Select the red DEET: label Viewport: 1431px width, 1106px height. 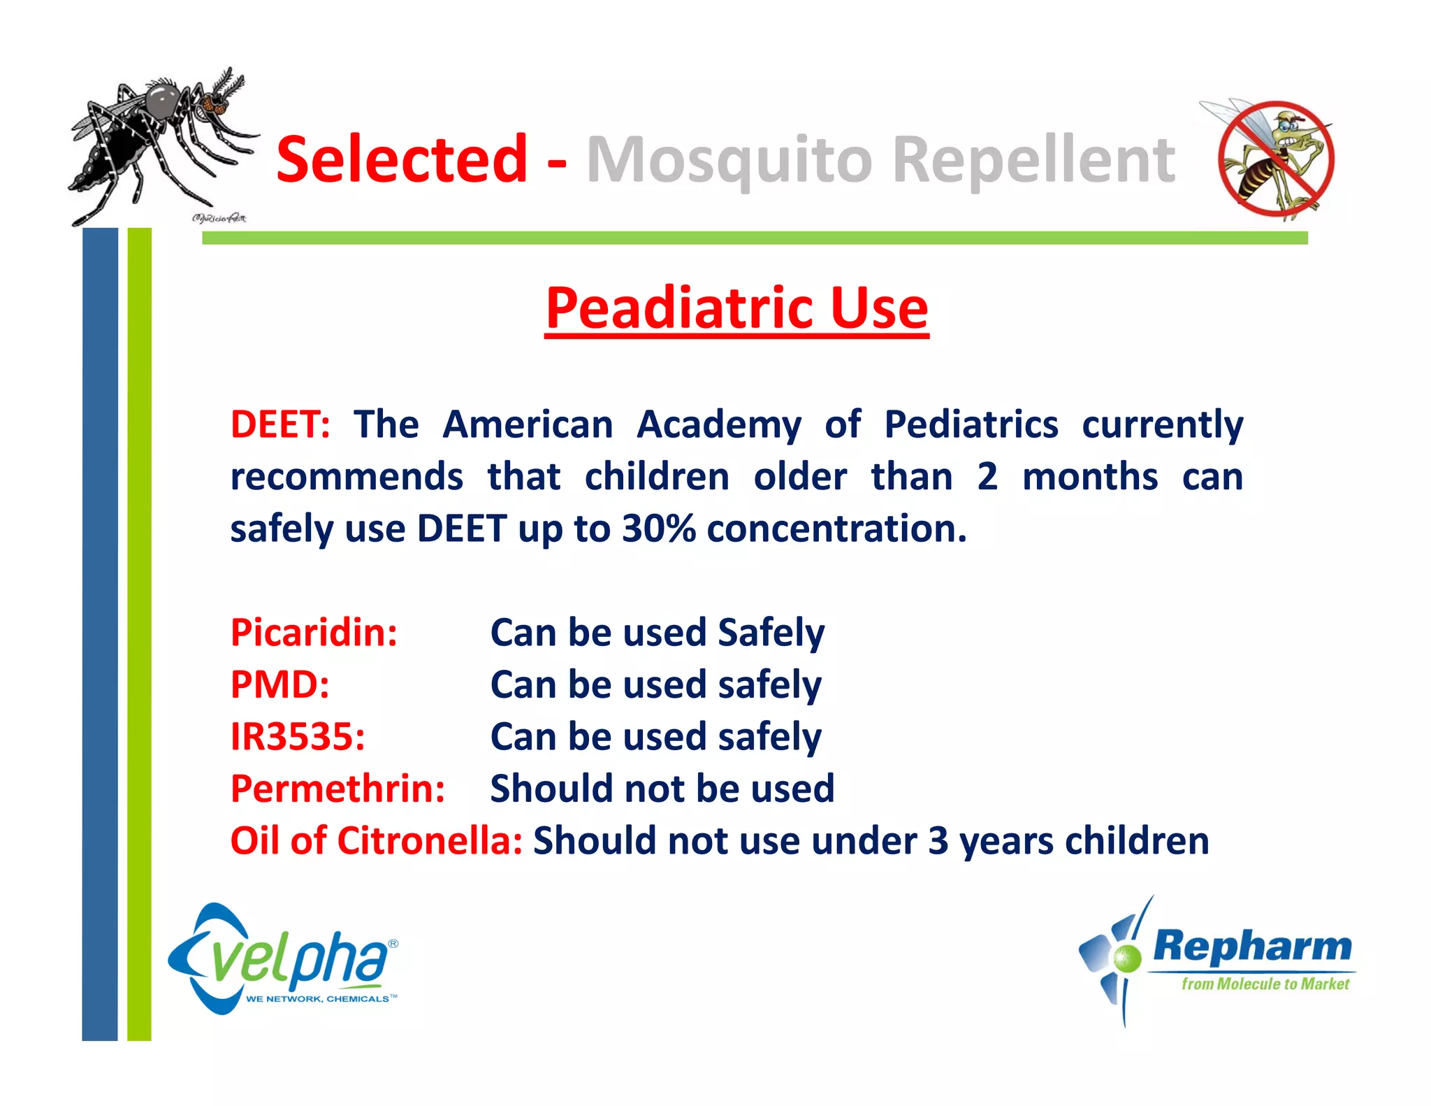(x=280, y=424)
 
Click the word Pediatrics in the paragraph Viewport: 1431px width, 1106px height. (x=971, y=424)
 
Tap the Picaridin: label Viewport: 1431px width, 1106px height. (x=314, y=633)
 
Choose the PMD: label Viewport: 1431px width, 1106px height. (x=279, y=684)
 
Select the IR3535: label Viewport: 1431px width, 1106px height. (x=298, y=737)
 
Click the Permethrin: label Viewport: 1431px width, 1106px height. (x=337, y=789)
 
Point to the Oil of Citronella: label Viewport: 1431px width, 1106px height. (x=376, y=840)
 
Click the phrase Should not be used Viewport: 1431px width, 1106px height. (x=662, y=789)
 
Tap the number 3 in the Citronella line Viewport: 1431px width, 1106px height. (x=938, y=841)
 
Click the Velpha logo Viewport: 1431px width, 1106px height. (x=283, y=960)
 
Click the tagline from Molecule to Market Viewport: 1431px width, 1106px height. (x=1265, y=984)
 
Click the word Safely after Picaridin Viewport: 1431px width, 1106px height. (x=771, y=633)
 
